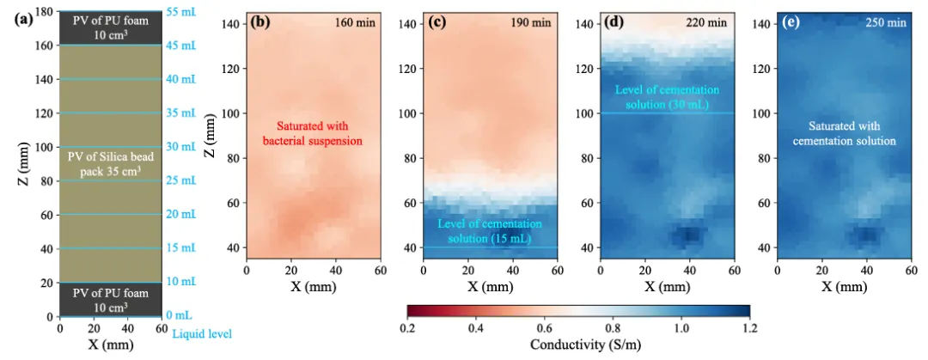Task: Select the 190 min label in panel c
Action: pyautogui.click(x=531, y=23)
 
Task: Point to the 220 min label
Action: pyautogui.click(x=709, y=23)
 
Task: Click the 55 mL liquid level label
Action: pyautogui.click(x=181, y=12)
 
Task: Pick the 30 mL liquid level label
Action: pyautogui.click(x=181, y=147)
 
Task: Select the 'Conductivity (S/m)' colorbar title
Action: pyautogui.click(x=577, y=345)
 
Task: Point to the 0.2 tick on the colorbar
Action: pyautogui.click(x=407, y=327)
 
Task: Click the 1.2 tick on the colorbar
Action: pyautogui.click(x=749, y=327)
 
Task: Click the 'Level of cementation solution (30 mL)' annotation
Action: pyautogui.click(x=667, y=96)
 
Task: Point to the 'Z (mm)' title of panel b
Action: pyautogui.click(x=211, y=136)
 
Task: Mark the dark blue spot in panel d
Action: pyautogui.click(x=690, y=234)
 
